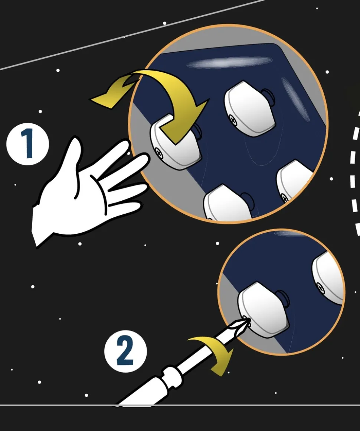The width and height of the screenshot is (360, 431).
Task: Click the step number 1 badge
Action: (27, 144)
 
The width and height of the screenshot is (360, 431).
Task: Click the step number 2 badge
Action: (125, 351)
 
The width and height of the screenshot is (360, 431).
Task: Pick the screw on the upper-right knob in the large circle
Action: (233, 120)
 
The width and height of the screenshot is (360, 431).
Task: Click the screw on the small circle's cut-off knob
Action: (320, 288)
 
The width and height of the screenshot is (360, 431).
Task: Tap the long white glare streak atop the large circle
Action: (229, 63)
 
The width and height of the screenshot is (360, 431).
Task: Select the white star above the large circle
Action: (164, 23)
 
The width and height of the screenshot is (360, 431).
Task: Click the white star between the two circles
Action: (217, 243)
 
